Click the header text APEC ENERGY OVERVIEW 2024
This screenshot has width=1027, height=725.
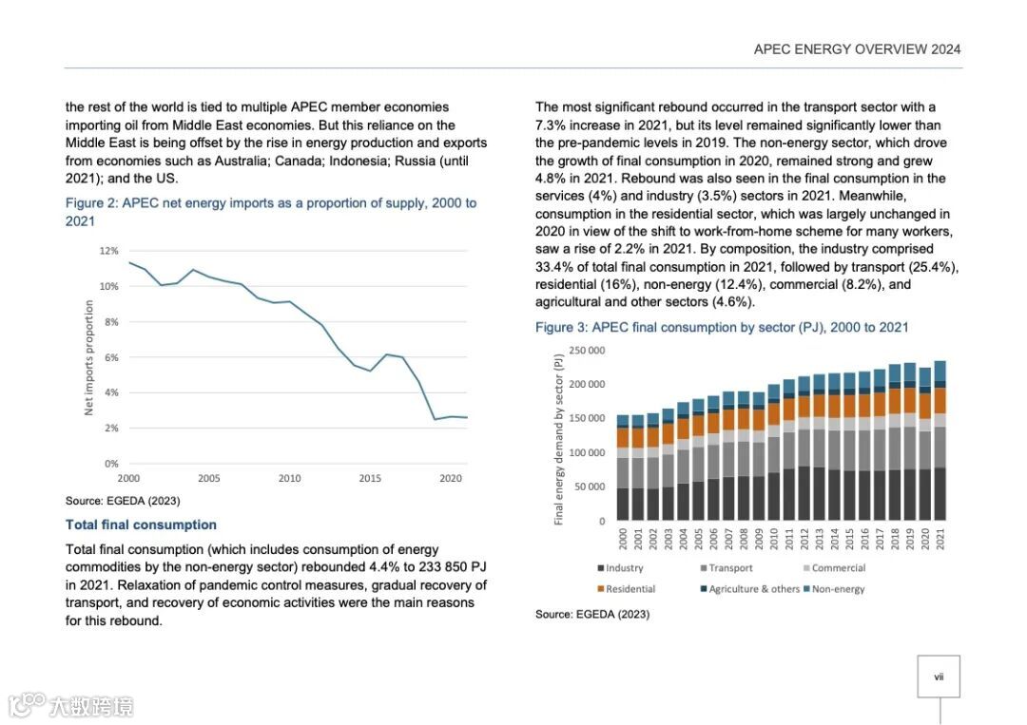click(857, 49)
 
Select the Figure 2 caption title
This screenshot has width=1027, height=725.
click(270, 211)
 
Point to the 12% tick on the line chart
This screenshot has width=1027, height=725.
click(108, 251)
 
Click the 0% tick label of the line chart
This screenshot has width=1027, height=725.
click(110, 464)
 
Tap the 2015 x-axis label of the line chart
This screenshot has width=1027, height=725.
click(370, 478)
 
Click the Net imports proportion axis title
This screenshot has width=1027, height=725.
click(89, 357)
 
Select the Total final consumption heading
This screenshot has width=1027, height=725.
click(141, 525)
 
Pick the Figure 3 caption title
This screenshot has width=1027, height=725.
click(722, 327)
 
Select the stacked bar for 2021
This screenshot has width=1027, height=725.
click(940, 441)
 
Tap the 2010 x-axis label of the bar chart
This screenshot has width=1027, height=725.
click(773, 540)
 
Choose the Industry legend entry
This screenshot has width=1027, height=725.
click(620, 568)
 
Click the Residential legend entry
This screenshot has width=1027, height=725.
click(626, 589)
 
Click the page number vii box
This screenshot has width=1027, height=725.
click(939, 677)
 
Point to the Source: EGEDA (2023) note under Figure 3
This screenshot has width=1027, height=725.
click(591, 615)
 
